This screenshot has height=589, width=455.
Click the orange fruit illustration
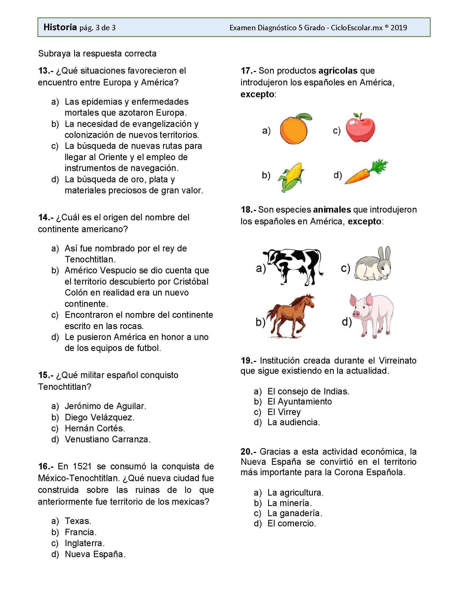point(294,130)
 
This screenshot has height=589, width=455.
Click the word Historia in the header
point(60,27)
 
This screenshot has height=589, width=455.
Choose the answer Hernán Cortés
point(94,428)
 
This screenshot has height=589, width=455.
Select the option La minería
point(289,503)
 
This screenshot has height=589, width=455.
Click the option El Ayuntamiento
point(299,401)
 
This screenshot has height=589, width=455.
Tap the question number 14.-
point(46,217)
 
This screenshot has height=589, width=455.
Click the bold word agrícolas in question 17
point(338,71)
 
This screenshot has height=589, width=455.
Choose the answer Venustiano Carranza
point(108,439)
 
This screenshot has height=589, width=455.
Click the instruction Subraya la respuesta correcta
point(97,53)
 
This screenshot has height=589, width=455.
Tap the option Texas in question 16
point(78,521)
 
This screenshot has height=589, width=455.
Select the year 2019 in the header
point(399,28)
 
